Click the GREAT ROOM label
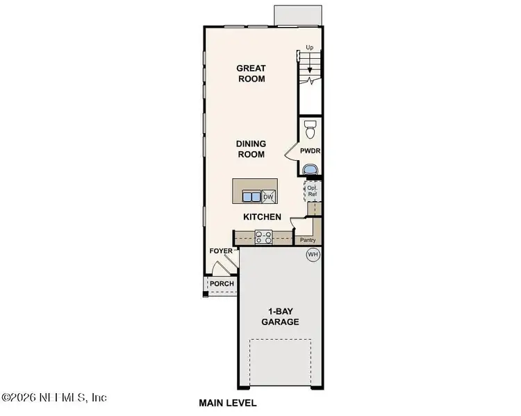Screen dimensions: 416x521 pyautogui.click(x=251, y=73)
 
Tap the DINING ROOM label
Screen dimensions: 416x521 pyautogui.click(x=251, y=149)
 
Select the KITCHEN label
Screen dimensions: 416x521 pyautogui.click(x=262, y=217)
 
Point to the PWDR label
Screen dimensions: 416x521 pyautogui.click(x=310, y=150)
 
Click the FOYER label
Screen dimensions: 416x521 pyautogui.click(x=221, y=251)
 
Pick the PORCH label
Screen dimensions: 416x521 pyautogui.click(x=222, y=284)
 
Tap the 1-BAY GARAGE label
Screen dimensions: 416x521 pyautogui.click(x=280, y=317)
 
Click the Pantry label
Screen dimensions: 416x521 pyautogui.click(x=308, y=240)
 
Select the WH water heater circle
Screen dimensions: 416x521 pyautogui.click(x=313, y=255)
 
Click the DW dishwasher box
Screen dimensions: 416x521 pyautogui.click(x=268, y=198)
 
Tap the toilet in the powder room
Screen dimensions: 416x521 pyautogui.click(x=311, y=128)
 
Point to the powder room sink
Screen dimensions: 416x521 pyautogui.click(x=310, y=168)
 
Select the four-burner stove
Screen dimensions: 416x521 pyautogui.click(x=263, y=238)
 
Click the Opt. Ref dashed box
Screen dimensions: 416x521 pyautogui.click(x=313, y=190)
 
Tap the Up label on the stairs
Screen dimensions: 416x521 pyautogui.click(x=311, y=47)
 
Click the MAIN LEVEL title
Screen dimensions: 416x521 pyautogui.click(x=228, y=403)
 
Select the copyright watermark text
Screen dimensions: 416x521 pyautogui.click(x=54, y=397)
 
